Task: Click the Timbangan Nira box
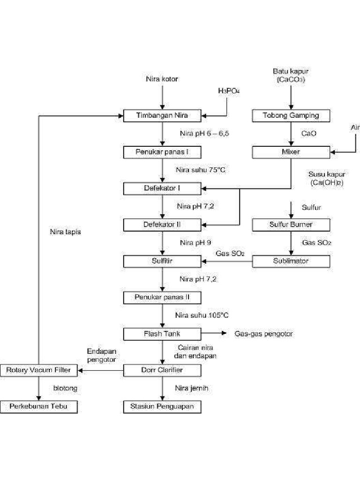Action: coord(162,116)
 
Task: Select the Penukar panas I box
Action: coord(162,152)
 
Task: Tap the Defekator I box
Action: coord(162,188)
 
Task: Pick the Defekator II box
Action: coord(162,225)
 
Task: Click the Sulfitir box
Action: coord(162,261)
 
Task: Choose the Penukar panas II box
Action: coord(162,297)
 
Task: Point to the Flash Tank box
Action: coord(162,334)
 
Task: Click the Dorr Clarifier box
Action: coord(162,370)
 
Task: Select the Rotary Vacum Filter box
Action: coord(38,370)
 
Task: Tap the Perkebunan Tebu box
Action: coord(38,406)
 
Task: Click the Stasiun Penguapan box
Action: coord(162,406)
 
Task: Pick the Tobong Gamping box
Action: coord(291,116)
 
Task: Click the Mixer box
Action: coord(291,152)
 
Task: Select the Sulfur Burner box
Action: coord(291,225)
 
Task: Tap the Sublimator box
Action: coord(291,261)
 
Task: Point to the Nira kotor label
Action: coord(162,79)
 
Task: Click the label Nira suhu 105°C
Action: coord(202,315)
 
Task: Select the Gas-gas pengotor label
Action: coord(263,334)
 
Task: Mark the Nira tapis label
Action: coord(66,232)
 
